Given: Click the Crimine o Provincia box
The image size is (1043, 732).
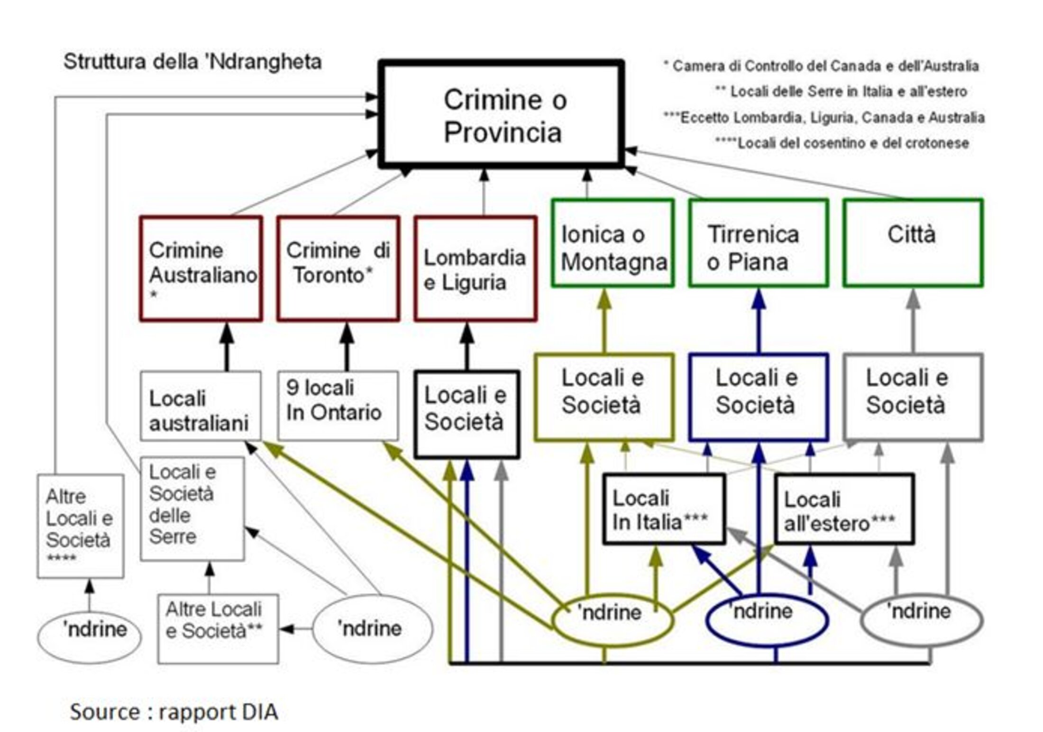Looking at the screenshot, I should pos(502,115).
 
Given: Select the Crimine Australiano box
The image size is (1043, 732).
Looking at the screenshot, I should pos(201,269).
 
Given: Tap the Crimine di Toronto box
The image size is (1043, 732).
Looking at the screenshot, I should pos(338,269).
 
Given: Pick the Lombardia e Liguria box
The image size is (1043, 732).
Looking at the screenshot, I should pos(475,269).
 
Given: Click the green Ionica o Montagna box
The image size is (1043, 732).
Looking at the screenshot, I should pos(613,243).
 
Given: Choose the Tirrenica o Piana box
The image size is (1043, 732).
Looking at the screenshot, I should pos(758,243).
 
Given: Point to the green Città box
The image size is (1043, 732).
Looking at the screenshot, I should pos(913,243).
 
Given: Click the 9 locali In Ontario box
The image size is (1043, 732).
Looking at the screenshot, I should pos(338,406).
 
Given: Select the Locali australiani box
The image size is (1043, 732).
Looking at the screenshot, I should pos(201,406).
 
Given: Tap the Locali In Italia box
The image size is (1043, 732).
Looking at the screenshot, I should pos(663,509).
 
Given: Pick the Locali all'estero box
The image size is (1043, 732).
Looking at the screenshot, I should pos(844,509).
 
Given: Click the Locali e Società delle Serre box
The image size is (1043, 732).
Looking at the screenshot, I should pos(192,509).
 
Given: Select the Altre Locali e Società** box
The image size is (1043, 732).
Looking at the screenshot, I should pos(218,629).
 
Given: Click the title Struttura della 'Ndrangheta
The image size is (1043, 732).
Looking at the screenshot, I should pos(192,62).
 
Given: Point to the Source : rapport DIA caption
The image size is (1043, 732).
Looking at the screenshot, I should pos(174,712).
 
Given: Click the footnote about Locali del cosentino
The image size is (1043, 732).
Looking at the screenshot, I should pos(842,143).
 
